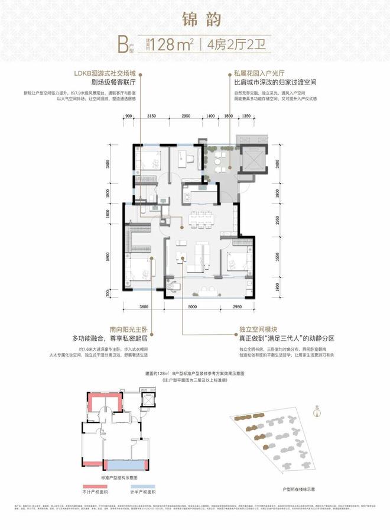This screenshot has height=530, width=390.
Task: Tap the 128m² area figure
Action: [171, 45]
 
